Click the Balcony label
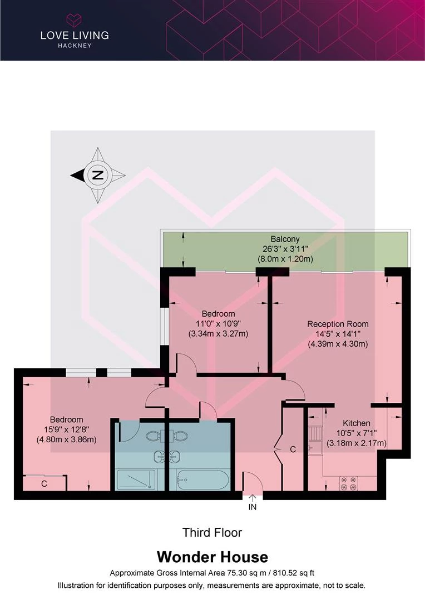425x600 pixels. click(x=285, y=239)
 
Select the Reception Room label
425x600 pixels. click(x=338, y=324)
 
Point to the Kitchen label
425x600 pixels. click(x=356, y=423)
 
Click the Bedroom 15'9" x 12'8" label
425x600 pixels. click(x=66, y=419)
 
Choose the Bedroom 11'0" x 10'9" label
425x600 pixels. click(x=218, y=314)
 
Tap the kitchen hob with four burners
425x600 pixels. click(x=349, y=483)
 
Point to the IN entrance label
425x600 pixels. click(x=253, y=507)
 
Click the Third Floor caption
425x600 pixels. click(x=212, y=533)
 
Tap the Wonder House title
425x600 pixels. click(x=212, y=557)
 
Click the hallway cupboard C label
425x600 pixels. click(x=293, y=449)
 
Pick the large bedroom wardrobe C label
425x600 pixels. click(x=44, y=484)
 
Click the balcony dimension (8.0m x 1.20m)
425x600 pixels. click(x=285, y=259)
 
